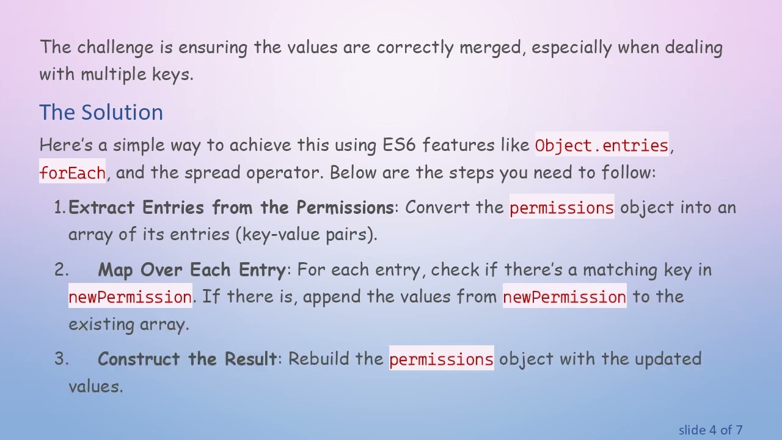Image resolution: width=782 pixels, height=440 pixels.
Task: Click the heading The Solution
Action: [x=101, y=112]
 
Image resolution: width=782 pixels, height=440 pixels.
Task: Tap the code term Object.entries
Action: [x=602, y=145]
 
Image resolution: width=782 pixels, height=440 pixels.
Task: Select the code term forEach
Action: [x=72, y=173]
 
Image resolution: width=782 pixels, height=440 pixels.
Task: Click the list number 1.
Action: [x=59, y=208]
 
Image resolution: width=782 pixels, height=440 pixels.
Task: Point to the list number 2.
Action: [x=61, y=270]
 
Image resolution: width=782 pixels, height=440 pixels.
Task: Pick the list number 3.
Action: [x=61, y=359]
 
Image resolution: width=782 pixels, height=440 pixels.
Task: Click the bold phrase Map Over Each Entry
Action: [x=191, y=270]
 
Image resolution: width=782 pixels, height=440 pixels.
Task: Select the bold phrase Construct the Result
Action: [x=187, y=359]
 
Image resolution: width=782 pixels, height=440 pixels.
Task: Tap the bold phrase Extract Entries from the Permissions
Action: [x=231, y=208]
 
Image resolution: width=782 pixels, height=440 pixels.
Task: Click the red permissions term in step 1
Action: [x=561, y=208]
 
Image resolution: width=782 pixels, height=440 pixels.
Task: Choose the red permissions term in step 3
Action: [x=441, y=359]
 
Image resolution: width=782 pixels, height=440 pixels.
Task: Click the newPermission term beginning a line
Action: [x=130, y=297]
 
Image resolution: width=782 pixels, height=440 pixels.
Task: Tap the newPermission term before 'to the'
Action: [x=564, y=297]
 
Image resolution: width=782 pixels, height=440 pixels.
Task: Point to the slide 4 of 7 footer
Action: [x=710, y=430]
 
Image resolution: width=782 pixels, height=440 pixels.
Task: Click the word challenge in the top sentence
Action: [x=114, y=47]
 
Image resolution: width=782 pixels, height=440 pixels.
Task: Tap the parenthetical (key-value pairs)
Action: [x=306, y=235]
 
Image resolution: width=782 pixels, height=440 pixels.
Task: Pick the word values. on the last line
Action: [x=96, y=386]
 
